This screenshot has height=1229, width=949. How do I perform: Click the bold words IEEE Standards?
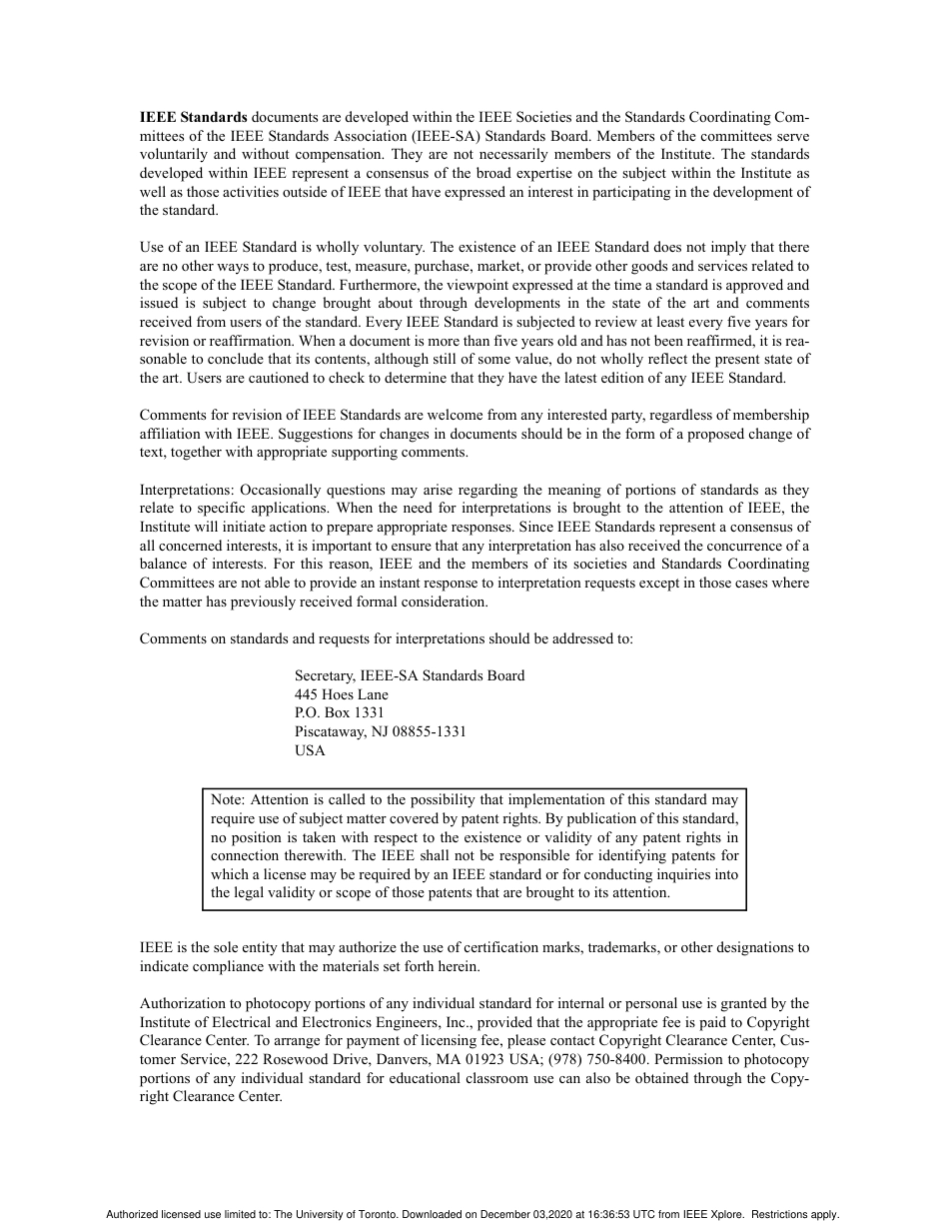click(193, 117)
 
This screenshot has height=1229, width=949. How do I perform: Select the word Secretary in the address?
click(325, 675)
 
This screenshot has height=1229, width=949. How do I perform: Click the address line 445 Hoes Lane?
click(341, 694)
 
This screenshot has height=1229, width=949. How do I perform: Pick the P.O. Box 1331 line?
click(339, 712)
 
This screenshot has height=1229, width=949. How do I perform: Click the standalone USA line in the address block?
click(310, 750)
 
